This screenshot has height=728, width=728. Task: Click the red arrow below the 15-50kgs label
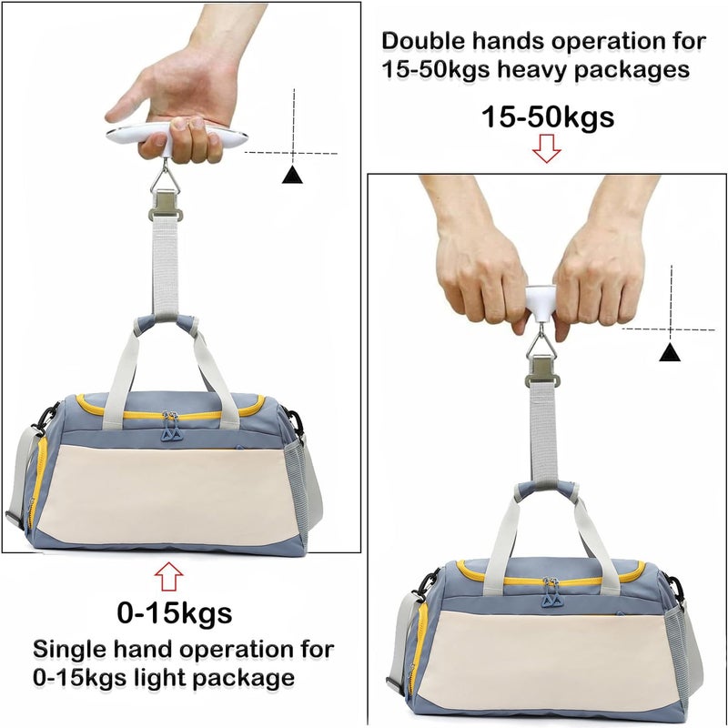click(x=547, y=148)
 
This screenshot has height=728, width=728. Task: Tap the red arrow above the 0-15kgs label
click(x=168, y=576)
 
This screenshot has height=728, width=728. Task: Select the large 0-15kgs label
click(x=175, y=612)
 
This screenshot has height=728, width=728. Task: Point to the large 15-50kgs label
click(x=548, y=116)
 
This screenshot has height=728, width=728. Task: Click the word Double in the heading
click(x=423, y=41)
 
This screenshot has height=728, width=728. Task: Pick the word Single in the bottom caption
click(x=70, y=650)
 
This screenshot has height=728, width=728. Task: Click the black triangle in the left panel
click(x=292, y=174)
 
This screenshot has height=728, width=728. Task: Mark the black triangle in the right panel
click(x=670, y=352)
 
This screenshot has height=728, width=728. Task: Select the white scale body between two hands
click(x=541, y=303)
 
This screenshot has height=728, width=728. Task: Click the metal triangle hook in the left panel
click(x=166, y=176)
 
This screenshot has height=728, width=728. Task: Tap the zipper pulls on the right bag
click(x=551, y=593)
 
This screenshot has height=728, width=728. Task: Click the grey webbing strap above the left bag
click(x=166, y=265)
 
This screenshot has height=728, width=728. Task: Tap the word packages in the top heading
click(x=632, y=71)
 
